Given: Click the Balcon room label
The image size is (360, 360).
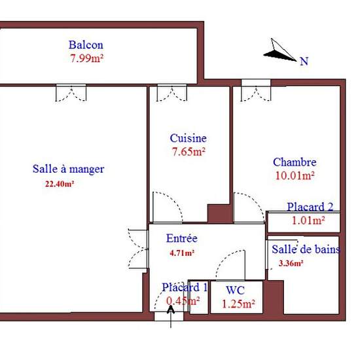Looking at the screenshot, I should (x=86, y=45).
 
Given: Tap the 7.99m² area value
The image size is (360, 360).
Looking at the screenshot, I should (x=88, y=58).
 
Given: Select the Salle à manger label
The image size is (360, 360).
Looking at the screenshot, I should (x=68, y=169).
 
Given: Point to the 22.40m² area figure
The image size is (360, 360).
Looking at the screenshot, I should (x=59, y=184).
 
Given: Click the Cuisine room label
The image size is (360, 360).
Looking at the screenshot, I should (x=188, y=138).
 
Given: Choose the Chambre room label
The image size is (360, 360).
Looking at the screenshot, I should (x=295, y=162).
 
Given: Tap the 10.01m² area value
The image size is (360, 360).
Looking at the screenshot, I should (x=295, y=175).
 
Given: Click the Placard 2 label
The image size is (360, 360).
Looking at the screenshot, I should (x=310, y=207).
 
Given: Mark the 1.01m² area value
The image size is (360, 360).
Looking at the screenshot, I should (x=308, y=221).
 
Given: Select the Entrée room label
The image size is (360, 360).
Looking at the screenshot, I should (x=182, y=239).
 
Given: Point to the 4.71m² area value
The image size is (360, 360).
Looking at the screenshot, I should (x=181, y=252).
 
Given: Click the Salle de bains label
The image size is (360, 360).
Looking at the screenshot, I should (x=306, y=249).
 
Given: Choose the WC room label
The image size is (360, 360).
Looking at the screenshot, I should (x=236, y=290).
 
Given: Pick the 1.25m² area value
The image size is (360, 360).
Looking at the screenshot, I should (x=238, y=304).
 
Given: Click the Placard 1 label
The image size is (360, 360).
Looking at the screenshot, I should (x=185, y=287).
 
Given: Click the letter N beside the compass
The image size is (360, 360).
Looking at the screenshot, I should (x=304, y=62).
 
